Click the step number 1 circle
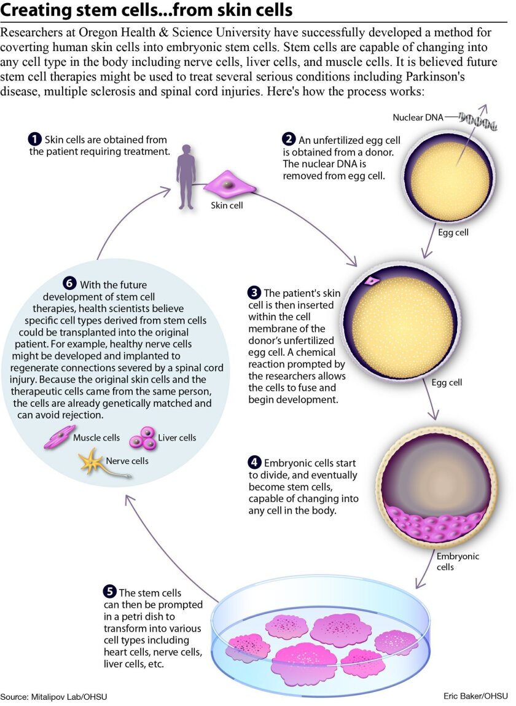(x=34, y=139)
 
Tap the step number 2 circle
(x=289, y=139)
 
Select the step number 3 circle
(x=254, y=292)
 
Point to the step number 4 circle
(x=254, y=463)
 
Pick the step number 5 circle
(x=109, y=592)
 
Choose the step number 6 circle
(x=70, y=284)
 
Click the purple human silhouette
(x=186, y=177)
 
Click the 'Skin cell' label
(x=227, y=205)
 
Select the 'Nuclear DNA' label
(x=418, y=117)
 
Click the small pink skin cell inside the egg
(x=372, y=281)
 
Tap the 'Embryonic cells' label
(x=458, y=562)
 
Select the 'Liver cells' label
(x=177, y=437)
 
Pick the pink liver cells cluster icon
(x=143, y=438)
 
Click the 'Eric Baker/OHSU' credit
(x=475, y=696)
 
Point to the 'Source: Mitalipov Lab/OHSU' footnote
(x=54, y=697)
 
